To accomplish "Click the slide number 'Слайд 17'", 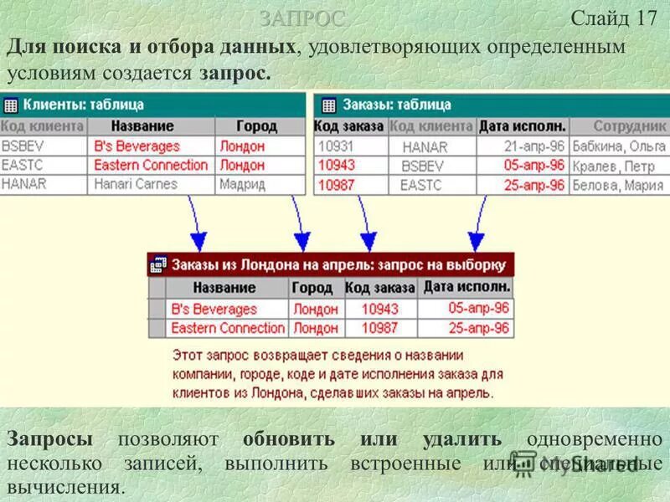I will (614, 18).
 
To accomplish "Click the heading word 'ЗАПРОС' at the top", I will (301, 18).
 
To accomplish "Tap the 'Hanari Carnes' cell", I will (136, 184).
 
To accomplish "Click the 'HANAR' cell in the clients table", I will (24, 184).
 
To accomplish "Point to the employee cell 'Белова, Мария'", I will (618, 186).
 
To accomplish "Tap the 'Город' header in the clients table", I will (256, 125).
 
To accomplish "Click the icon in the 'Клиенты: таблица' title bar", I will (11, 105).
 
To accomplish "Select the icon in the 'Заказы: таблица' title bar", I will (328, 105).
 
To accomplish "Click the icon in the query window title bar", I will (158, 265).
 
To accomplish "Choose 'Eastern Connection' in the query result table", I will (228, 328).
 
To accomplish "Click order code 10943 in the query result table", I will (379, 309).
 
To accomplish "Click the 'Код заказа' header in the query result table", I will (379, 288).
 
